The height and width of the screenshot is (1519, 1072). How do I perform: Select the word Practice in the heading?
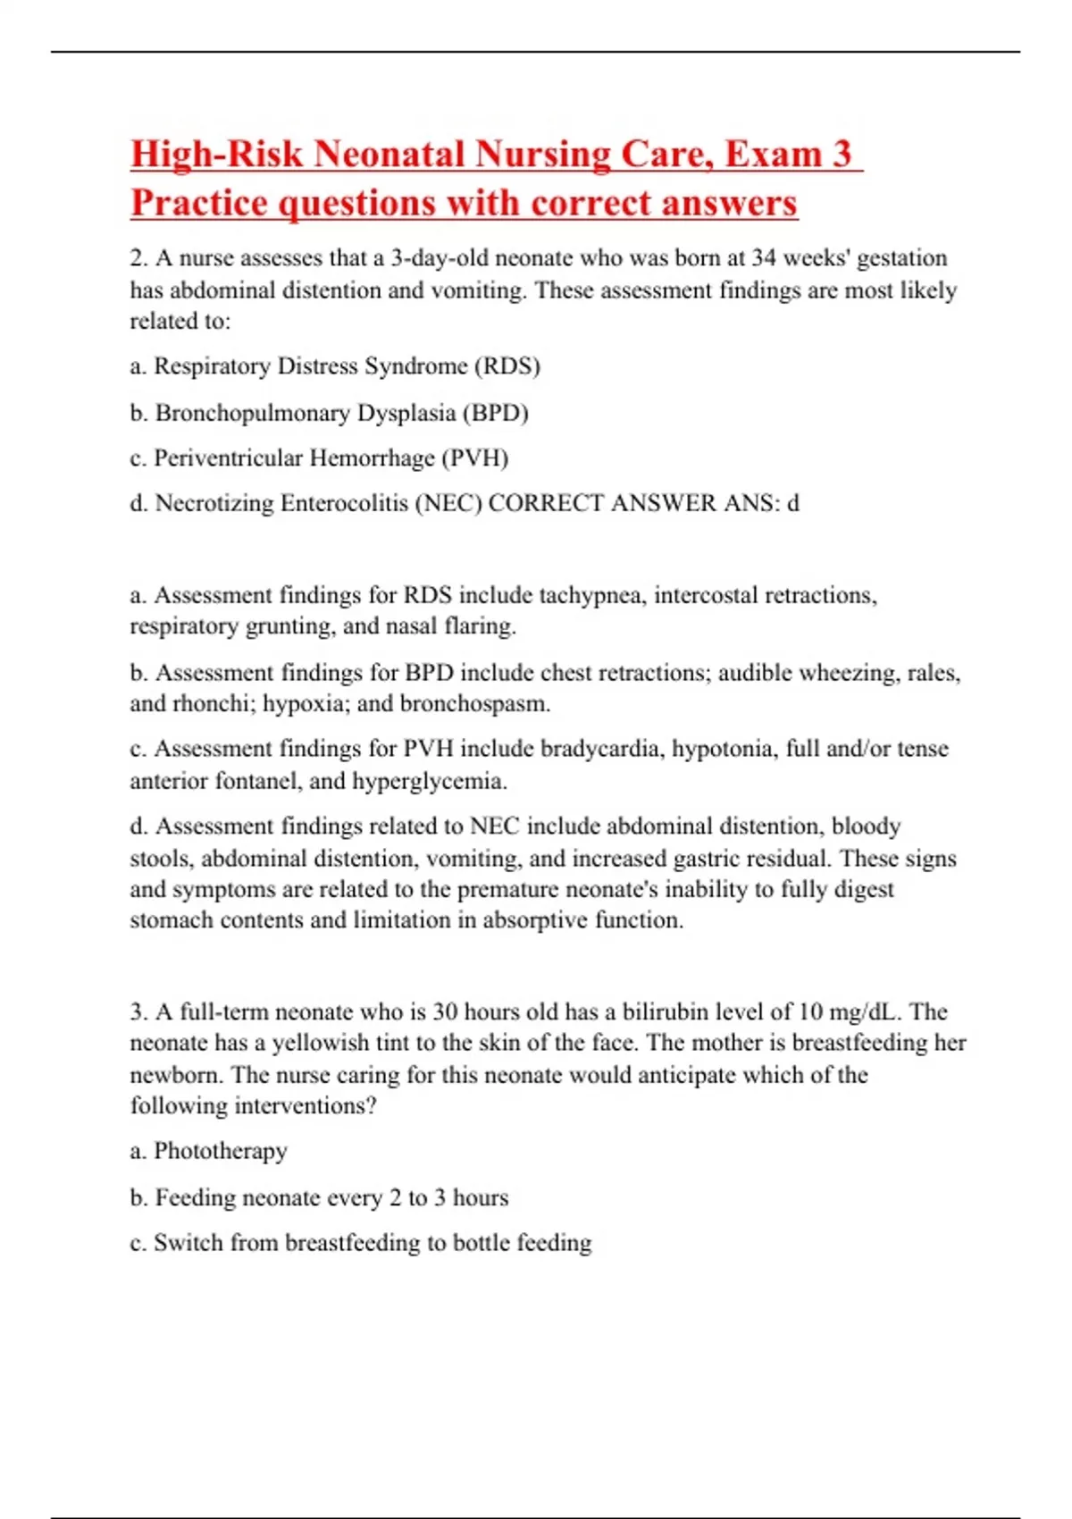pyautogui.click(x=199, y=203)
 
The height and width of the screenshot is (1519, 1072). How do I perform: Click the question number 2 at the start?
pyautogui.click(x=138, y=258)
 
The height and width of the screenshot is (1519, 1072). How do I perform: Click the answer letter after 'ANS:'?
pyautogui.click(x=791, y=503)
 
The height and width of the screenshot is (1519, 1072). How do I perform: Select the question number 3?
pyautogui.click(x=138, y=1012)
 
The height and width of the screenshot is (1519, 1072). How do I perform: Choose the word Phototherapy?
pyautogui.click(x=220, y=1151)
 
